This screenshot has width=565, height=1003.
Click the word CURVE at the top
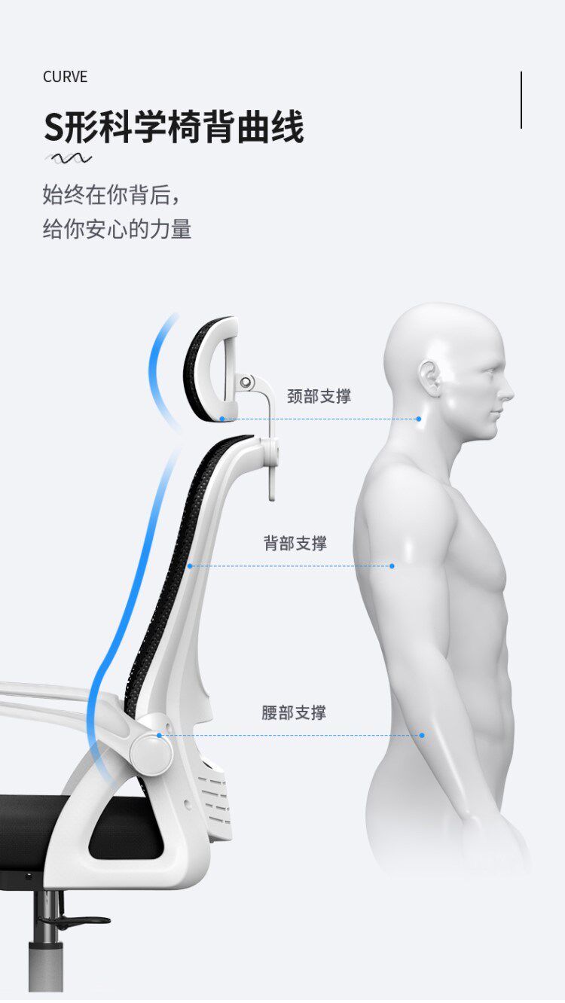click(x=65, y=77)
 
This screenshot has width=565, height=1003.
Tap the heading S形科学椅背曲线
click(x=173, y=126)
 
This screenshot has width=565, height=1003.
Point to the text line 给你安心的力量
click(x=117, y=229)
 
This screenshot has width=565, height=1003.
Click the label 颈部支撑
click(x=319, y=396)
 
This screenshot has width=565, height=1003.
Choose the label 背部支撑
click(x=295, y=543)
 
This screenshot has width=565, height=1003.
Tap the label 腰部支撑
click(x=294, y=712)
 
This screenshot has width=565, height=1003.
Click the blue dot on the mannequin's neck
click(x=419, y=419)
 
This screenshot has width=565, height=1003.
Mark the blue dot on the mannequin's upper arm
click(x=392, y=566)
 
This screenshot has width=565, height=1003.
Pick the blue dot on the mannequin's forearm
click(x=422, y=735)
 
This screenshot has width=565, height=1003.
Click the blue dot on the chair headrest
click(x=222, y=419)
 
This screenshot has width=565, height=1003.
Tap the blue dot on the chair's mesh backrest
click(x=190, y=566)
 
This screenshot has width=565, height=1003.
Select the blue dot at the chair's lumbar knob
click(x=159, y=735)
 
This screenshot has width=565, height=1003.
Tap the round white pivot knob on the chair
click(x=150, y=748)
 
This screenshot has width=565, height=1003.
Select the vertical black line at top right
click(x=521, y=100)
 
